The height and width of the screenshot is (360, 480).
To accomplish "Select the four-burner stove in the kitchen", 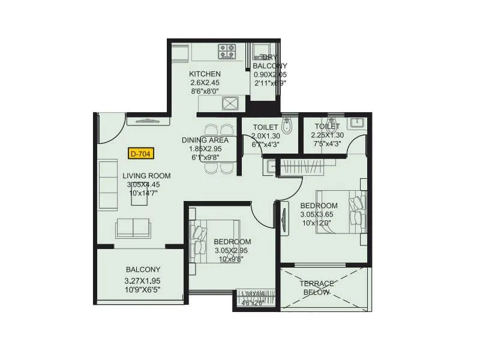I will pos(227,51).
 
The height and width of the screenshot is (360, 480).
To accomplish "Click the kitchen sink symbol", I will pos(230,103).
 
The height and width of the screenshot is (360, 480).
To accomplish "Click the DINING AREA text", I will pos(202,140).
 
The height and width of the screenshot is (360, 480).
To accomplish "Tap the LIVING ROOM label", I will pos(147,176).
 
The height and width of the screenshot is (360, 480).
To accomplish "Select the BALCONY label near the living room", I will pos(143,270).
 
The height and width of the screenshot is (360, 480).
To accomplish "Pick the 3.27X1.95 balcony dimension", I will pos(143,280).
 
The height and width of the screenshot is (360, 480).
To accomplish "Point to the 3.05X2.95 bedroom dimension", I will pos(231,250).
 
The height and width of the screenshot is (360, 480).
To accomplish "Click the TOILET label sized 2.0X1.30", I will pos(265,127).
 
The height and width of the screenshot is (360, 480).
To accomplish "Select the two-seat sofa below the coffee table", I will pos(133,228).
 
